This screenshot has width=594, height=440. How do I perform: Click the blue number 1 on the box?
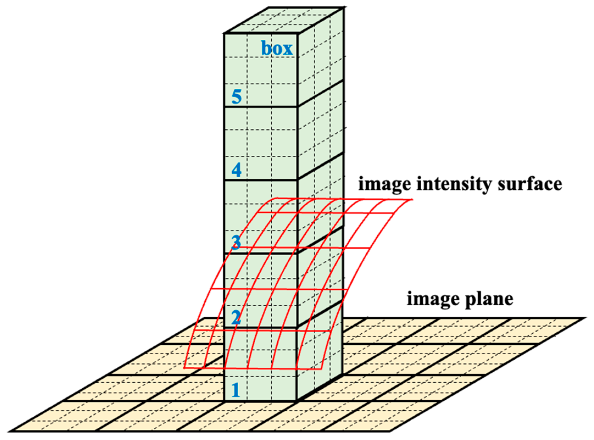[236, 390]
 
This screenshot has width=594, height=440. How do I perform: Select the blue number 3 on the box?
[236, 242]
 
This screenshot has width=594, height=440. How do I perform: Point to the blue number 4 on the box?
[236, 170]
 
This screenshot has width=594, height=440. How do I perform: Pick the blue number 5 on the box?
[236, 96]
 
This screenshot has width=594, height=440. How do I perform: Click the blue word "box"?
[277, 49]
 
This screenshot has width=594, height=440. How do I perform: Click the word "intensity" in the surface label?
[453, 184]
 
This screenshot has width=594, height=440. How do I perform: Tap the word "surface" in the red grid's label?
[530, 184]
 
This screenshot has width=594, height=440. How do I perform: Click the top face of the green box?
[284, 21]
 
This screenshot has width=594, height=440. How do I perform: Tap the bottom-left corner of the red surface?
[184, 367]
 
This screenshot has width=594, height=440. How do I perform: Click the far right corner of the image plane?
[585, 318]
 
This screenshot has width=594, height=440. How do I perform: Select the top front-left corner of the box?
[224, 34]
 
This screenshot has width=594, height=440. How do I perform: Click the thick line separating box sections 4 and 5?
[260, 106]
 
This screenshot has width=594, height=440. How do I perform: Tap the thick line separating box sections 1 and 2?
[260, 328]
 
